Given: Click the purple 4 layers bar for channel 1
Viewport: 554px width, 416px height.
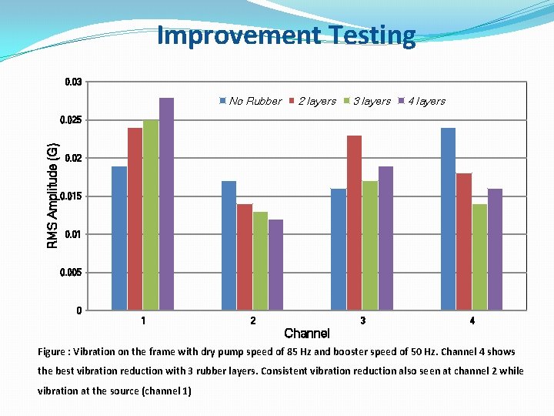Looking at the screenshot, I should coord(166,204).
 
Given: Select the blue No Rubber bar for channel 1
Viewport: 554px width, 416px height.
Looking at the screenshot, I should coord(119,238).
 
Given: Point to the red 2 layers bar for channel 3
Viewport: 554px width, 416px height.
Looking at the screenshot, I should coord(354,223).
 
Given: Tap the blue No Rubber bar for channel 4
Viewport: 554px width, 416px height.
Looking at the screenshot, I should coord(448,219).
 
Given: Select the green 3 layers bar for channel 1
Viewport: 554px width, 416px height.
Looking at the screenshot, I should coord(151,215).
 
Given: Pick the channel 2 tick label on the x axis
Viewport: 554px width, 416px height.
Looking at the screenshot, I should coord(253,320).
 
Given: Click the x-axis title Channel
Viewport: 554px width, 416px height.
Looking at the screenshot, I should coord(307,334).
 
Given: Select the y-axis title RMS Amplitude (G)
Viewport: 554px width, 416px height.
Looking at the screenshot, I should coord(52,196).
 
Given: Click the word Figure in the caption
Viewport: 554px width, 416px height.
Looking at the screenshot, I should coord(53,352).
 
